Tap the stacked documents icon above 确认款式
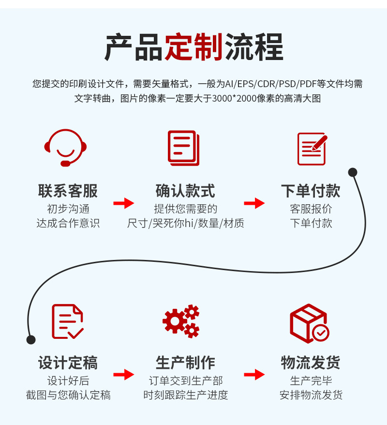(x=183, y=148)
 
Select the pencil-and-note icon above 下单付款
(x=312, y=148)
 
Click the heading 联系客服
(x=68, y=191)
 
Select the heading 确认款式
(x=185, y=191)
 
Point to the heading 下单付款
(x=311, y=191)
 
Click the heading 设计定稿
(x=68, y=363)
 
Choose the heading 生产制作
(x=185, y=363)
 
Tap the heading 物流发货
(x=311, y=363)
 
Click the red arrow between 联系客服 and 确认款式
(x=124, y=203)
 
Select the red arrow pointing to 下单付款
(x=254, y=203)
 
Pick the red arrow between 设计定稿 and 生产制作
(x=124, y=374)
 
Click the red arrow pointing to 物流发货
(x=254, y=374)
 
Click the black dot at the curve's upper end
(x=353, y=172)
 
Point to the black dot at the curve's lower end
(x=31, y=339)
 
